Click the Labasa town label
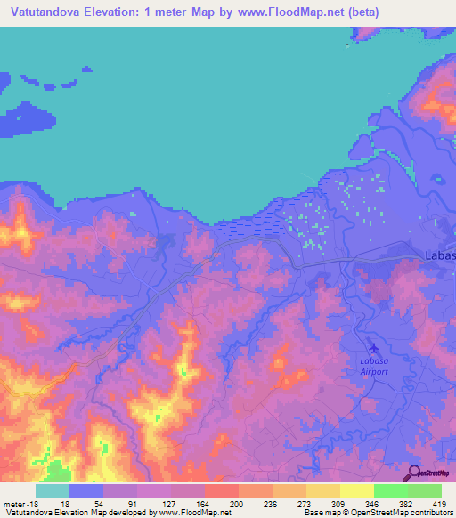click(436, 257)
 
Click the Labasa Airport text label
click(374, 366)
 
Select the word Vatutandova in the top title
click(40, 12)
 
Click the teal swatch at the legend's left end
click(53, 490)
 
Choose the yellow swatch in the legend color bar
click(357, 490)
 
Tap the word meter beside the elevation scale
click(12, 503)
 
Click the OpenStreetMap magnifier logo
click(414, 473)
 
